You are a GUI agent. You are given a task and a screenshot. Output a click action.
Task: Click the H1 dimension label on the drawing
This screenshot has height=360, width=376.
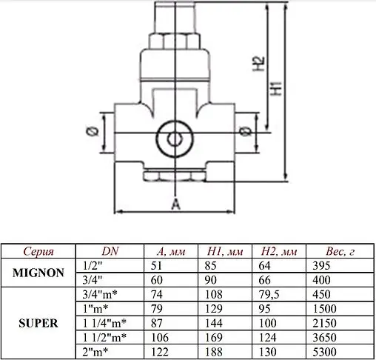pos(275,89)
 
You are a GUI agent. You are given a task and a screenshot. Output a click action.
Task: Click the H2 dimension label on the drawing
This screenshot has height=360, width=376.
pos(257,64)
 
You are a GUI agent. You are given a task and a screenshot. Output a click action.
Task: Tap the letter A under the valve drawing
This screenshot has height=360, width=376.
pos(175,204)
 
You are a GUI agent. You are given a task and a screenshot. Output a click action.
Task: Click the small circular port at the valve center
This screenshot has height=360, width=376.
pos(175,139)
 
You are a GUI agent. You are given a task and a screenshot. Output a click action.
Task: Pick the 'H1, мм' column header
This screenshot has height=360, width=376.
pos(224,250)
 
